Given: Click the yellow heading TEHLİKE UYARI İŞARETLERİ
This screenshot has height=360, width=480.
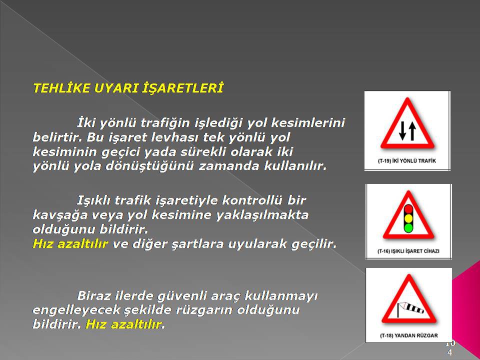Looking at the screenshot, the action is [x=128, y=88].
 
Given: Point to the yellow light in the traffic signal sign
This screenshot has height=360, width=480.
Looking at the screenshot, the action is [x=408, y=218].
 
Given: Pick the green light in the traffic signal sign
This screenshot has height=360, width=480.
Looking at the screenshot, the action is [x=408, y=227].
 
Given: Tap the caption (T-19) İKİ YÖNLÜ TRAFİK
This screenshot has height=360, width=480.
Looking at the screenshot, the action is [x=407, y=160].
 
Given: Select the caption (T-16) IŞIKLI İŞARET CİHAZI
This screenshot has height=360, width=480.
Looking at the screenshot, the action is [x=408, y=251].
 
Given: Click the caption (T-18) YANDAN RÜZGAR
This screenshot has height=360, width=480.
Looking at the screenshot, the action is [x=408, y=335].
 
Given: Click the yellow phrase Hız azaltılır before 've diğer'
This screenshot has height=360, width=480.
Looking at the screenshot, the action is [x=70, y=244].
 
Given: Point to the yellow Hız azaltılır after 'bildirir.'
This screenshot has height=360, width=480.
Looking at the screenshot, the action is [x=123, y=324].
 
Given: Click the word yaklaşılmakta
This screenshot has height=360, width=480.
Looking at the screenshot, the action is [x=262, y=215].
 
